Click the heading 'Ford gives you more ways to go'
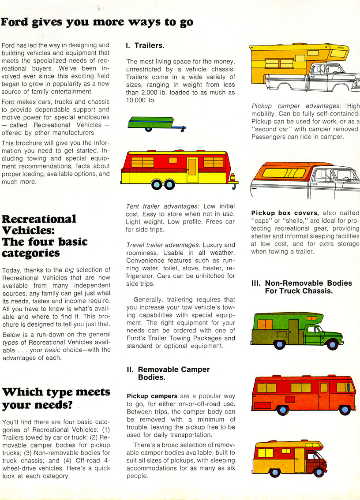tap(97, 22)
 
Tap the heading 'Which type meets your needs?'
tap(56, 398)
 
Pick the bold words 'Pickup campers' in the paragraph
tap(147, 396)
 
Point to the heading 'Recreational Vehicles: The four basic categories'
tap(45, 236)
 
